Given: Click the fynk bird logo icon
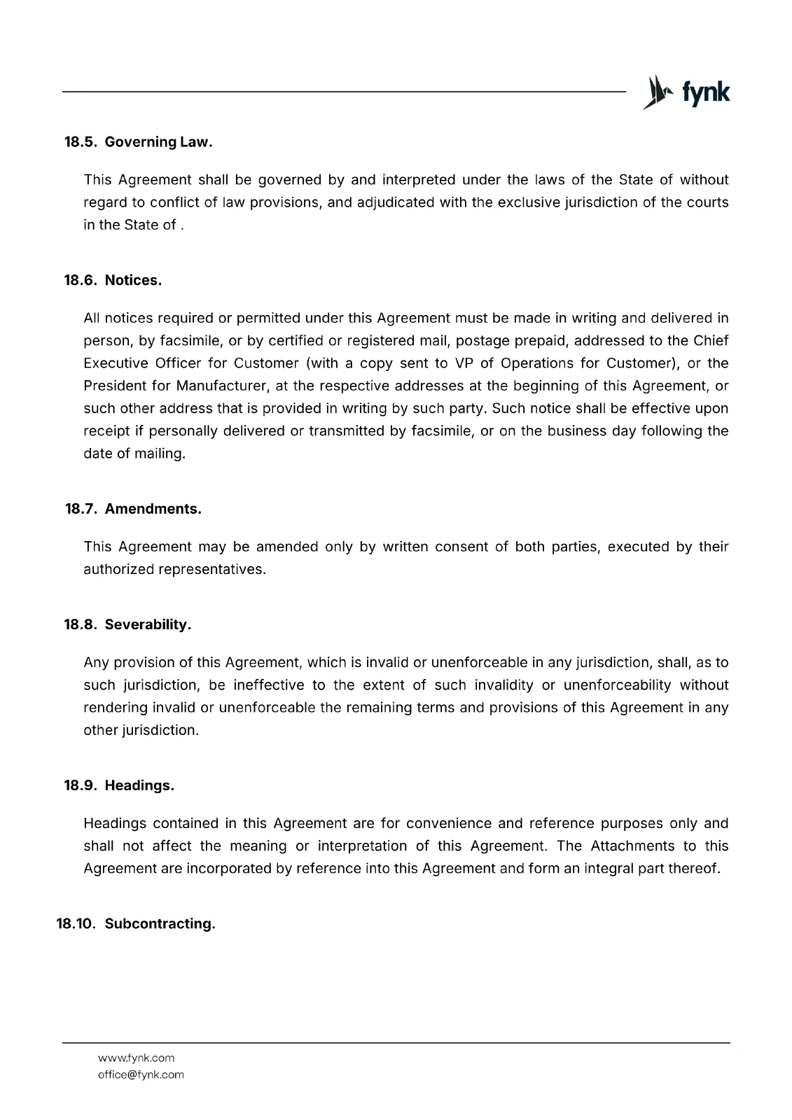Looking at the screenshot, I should pyautogui.click(x=655, y=92).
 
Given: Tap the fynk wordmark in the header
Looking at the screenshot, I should pyautogui.click(x=706, y=93).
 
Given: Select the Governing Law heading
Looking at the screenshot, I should pyautogui.click(x=158, y=142).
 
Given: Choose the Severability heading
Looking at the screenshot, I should pyautogui.click(x=148, y=624).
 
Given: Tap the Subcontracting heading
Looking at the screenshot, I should pyautogui.click(x=160, y=924).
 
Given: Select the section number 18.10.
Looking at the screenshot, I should pyautogui.click(x=75, y=924).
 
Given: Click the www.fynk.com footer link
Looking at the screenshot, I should pyautogui.click(x=136, y=1058).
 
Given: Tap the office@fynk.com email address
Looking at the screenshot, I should pyautogui.click(x=141, y=1074).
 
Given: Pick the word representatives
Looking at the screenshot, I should pyautogui.click(x=211, y=570).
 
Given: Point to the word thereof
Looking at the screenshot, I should pyautogui.click(x=695, y=869).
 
